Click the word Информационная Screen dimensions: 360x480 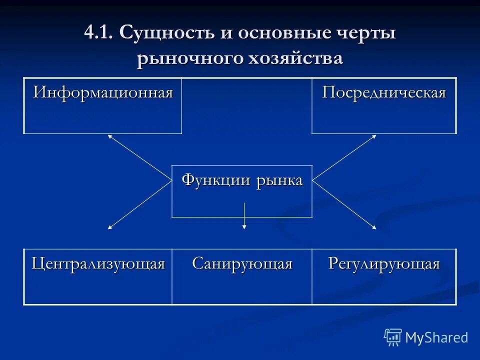pyautogui.click(x=103, y=93)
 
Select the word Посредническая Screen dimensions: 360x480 pyautogui.click(x=383, y=93)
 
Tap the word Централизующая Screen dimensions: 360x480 pyautogui.click(x=98, y=263)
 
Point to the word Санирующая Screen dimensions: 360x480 pyautogui.click(x=242, y=263)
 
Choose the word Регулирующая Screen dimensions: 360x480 pyautogui.click(x=384, y=263)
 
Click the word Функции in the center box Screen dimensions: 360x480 pyautogui.click(x=216, y=180)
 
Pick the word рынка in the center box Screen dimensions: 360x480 pyautogui.click(x=280, y=180)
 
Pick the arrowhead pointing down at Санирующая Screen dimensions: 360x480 pyautogui.click(x=244, y=227)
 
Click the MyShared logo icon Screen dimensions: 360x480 pyautogui.click(x=393, y=337)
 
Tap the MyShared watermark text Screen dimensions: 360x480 pyautogui.click(x=436, y=338)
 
